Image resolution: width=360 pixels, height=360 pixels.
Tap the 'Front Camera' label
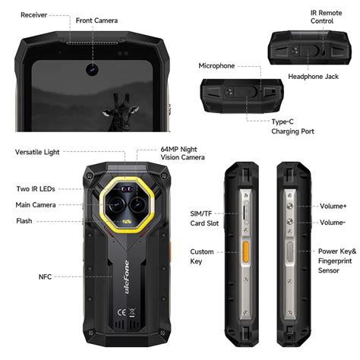[x=96, y=21]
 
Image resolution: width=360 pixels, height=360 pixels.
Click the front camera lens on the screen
[x=90, y=69]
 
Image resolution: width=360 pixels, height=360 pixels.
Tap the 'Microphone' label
[x=216, y=66]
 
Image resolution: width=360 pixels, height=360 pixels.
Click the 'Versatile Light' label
[x=37, y=152]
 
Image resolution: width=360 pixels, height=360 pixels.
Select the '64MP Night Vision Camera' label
[x=182, y=153]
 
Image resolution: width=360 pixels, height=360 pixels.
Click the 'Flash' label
[x=24, y=221]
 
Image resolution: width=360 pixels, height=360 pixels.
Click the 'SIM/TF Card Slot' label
[x=204, y=219]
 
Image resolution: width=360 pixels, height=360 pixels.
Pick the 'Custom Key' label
[x=201, y=256]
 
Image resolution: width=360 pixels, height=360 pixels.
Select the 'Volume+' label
[x=333, y=206]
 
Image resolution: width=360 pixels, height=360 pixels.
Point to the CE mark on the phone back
[x=120, y=311]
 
